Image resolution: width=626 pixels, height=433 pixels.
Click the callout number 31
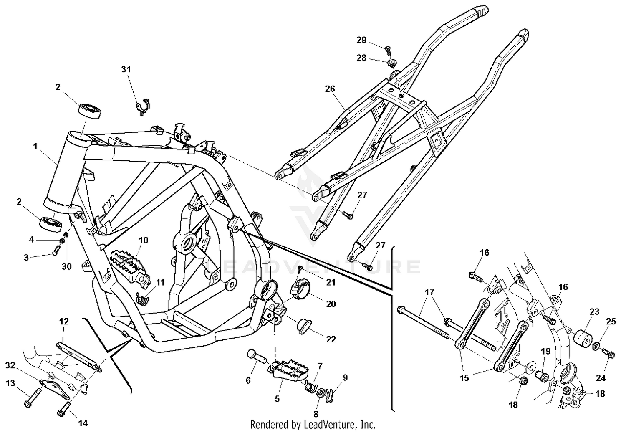pos(126,69)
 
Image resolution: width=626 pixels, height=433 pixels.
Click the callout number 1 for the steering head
pos(35,147)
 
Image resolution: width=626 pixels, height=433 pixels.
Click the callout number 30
pos(67,267)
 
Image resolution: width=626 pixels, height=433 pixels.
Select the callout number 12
pos(64,322)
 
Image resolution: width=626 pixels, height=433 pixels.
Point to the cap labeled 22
pos(308,326)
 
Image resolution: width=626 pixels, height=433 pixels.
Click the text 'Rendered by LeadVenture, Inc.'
pos(313,425)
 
